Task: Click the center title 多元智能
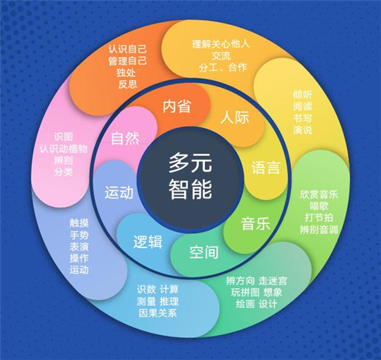pos(190,177)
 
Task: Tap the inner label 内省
pos(177,106)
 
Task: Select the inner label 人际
pos(234,117)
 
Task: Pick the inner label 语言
pos(265,168)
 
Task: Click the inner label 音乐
pos(256,224)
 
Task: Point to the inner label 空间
pos(204,252)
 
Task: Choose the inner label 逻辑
pos(148,242)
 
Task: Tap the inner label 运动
pos(119,192)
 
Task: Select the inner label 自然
pos(125,138)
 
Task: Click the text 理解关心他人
pos(220,44)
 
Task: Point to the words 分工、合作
pos(223,67)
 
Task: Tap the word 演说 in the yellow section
pos(303,130)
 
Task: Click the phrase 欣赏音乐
pos(319,194)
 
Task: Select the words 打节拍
pos(319,217)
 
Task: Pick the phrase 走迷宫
pos(273,281)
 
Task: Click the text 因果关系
pos(158,313)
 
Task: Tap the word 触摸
pos(79,223)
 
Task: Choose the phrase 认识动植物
pos(64,148)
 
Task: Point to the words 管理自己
pos(127,61)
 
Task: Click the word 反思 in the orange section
pos(127,84)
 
